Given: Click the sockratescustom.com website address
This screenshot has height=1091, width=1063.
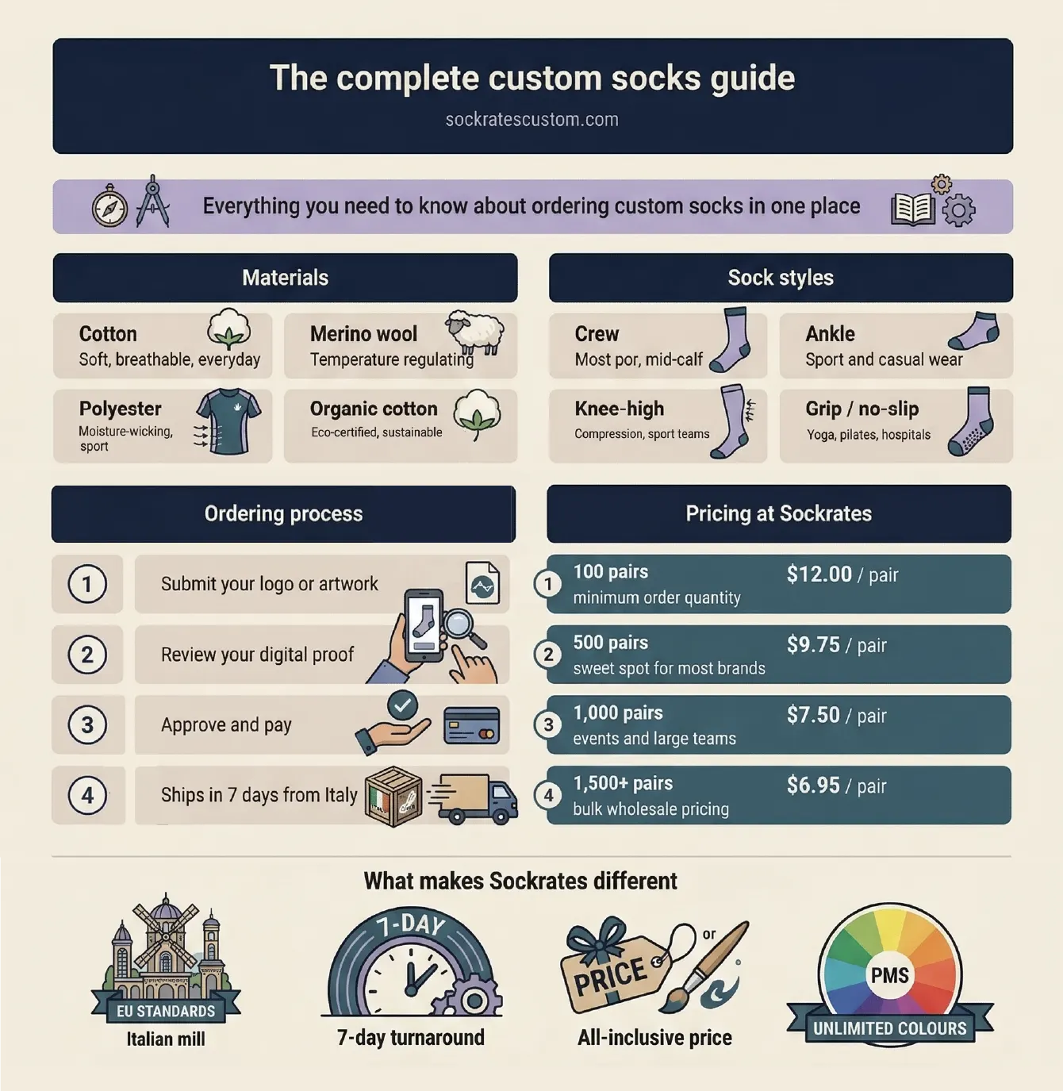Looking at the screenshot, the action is click(531, 120).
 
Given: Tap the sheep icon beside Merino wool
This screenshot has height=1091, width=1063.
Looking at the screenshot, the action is click(474, 332).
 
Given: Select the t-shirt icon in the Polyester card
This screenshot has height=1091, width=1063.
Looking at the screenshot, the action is click(228, 421).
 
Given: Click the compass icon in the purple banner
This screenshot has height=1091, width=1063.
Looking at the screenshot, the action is click(109, 208).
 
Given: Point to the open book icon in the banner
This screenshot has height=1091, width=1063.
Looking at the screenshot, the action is click(913, 209).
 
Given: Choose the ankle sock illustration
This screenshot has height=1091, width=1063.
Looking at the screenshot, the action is click(975, 332).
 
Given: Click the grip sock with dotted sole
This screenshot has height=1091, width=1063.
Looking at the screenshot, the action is click(971, 422).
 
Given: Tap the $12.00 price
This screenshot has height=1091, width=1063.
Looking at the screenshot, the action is click(819, 574).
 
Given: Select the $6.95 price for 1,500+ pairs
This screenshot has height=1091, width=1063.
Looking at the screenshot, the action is click(813, 786).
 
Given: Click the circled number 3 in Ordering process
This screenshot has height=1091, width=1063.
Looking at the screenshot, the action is click(87, 725).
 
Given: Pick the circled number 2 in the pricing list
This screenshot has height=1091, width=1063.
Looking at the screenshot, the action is click(548, 655).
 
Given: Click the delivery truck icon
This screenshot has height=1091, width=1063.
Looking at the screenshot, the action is click(474, 798).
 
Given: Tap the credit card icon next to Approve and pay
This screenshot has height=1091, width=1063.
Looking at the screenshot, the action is click(471, 724).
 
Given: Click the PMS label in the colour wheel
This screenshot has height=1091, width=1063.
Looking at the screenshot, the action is click(889, 975).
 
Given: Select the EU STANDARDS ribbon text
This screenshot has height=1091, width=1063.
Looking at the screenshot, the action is click(166, 1011).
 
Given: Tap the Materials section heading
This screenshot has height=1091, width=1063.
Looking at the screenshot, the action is click(285, 278).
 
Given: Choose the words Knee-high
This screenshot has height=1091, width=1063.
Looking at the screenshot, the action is click(619, 409).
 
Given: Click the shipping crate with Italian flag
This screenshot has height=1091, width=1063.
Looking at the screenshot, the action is click(393, 797).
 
